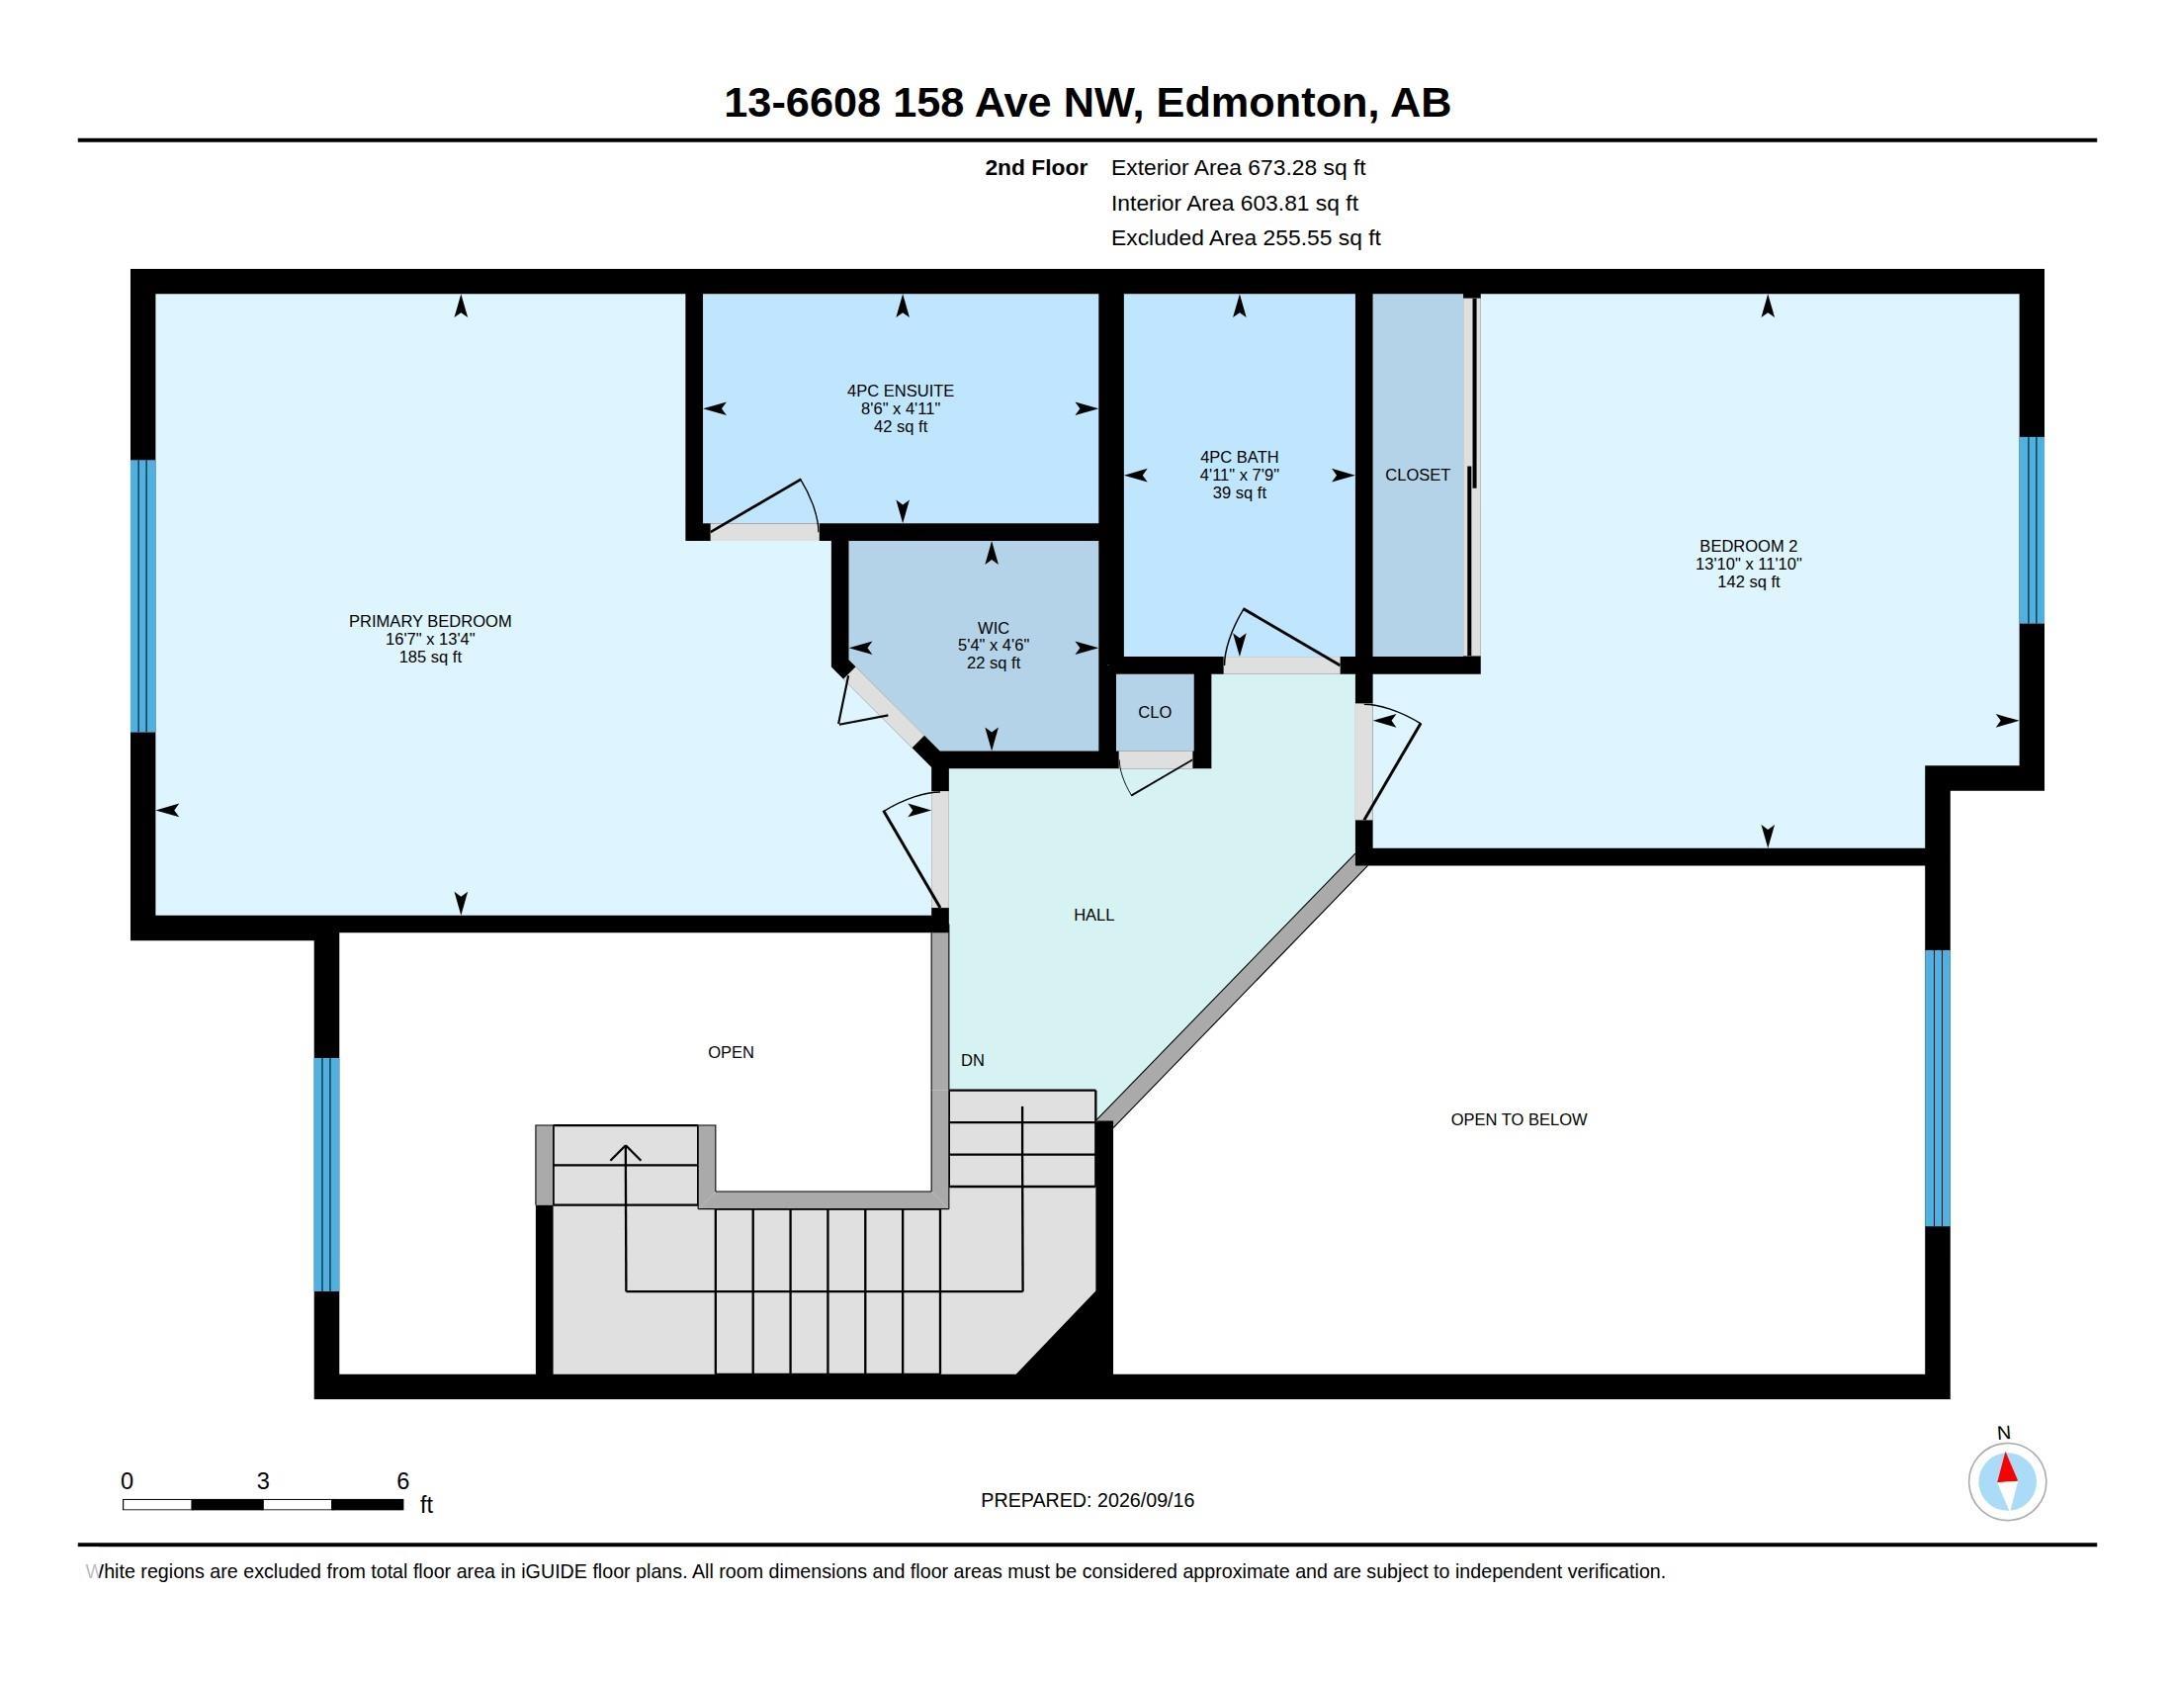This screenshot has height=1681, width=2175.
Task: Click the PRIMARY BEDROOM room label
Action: coord(430,620)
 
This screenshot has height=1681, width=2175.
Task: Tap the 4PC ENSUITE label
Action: coord(901,391)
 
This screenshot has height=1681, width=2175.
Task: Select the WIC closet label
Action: coord(993,627)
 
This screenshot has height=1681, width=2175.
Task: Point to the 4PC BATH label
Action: coord(1239,457)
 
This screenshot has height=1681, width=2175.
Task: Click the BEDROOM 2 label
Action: coord(1748,546)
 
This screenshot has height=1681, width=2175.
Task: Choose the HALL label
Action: coord(1093,915)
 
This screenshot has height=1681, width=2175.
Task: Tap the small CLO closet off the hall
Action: coord(1154,712)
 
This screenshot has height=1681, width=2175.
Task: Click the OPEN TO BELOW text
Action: coord(1519,1119)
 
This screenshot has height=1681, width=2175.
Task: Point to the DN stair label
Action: coord(972,1061)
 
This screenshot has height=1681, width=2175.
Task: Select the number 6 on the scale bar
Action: coord(402,1481)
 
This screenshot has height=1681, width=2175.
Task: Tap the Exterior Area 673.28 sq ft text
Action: coord(1238,168)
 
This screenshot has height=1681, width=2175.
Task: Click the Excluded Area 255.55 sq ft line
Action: coord(1246,238)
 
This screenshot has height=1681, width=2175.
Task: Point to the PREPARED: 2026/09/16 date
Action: coord(1087,1500)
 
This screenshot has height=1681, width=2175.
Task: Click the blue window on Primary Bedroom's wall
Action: coord(143,595)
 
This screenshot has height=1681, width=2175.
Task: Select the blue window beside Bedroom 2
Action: coord(2032,530)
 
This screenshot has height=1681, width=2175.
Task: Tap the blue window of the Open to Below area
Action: coord(1937,1088)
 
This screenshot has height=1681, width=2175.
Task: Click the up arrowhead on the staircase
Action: coord(626,1152)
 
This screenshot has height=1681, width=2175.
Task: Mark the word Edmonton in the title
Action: coord(1261,103)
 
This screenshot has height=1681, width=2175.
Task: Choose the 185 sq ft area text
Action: coord(430,658)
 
